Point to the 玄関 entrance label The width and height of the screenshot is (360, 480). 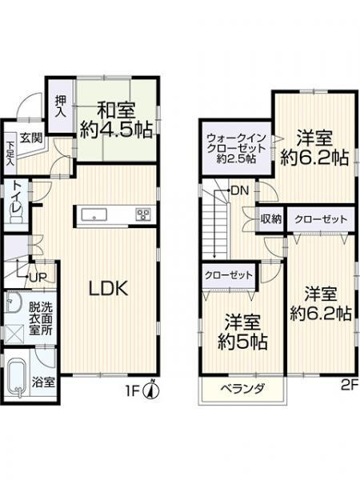coord(31,137)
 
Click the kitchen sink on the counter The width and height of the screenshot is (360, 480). coord(93,214)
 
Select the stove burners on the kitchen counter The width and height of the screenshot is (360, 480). coord(143,214)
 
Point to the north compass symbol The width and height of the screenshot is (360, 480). coord(156,391)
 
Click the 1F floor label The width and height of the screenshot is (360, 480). coord(136,391)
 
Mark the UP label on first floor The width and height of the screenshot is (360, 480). coord(37,276)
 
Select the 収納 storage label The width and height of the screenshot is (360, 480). coord(270,218)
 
